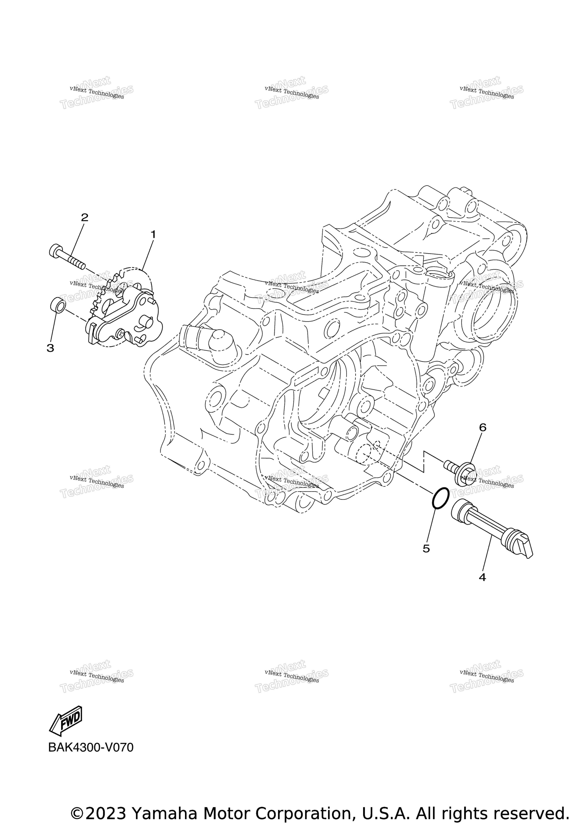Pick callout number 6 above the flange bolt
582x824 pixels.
(483, 428)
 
